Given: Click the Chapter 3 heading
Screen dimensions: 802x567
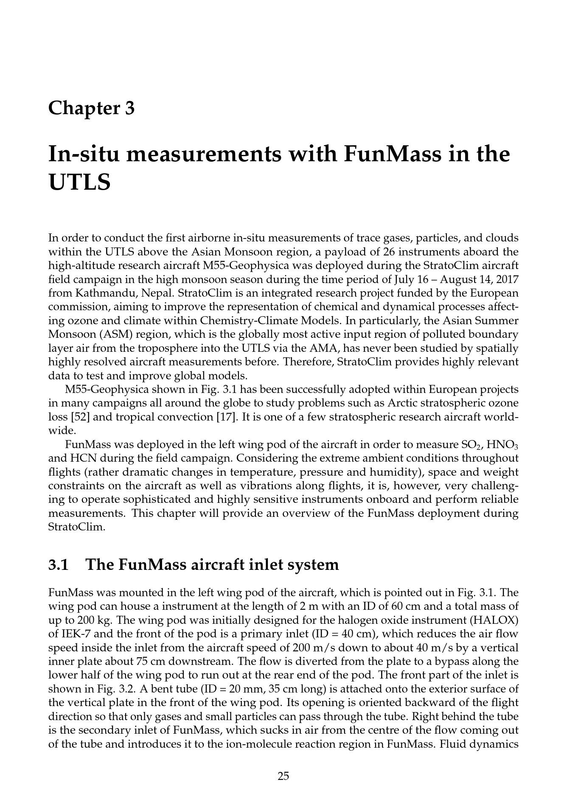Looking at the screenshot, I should (91, 108).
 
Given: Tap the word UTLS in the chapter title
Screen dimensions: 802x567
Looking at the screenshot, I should (79, 182).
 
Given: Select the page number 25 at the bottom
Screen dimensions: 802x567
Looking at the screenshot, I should (283, 776).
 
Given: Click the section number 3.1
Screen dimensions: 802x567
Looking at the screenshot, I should (59, 565).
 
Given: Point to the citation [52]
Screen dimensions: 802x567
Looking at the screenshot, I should (80, 417).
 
